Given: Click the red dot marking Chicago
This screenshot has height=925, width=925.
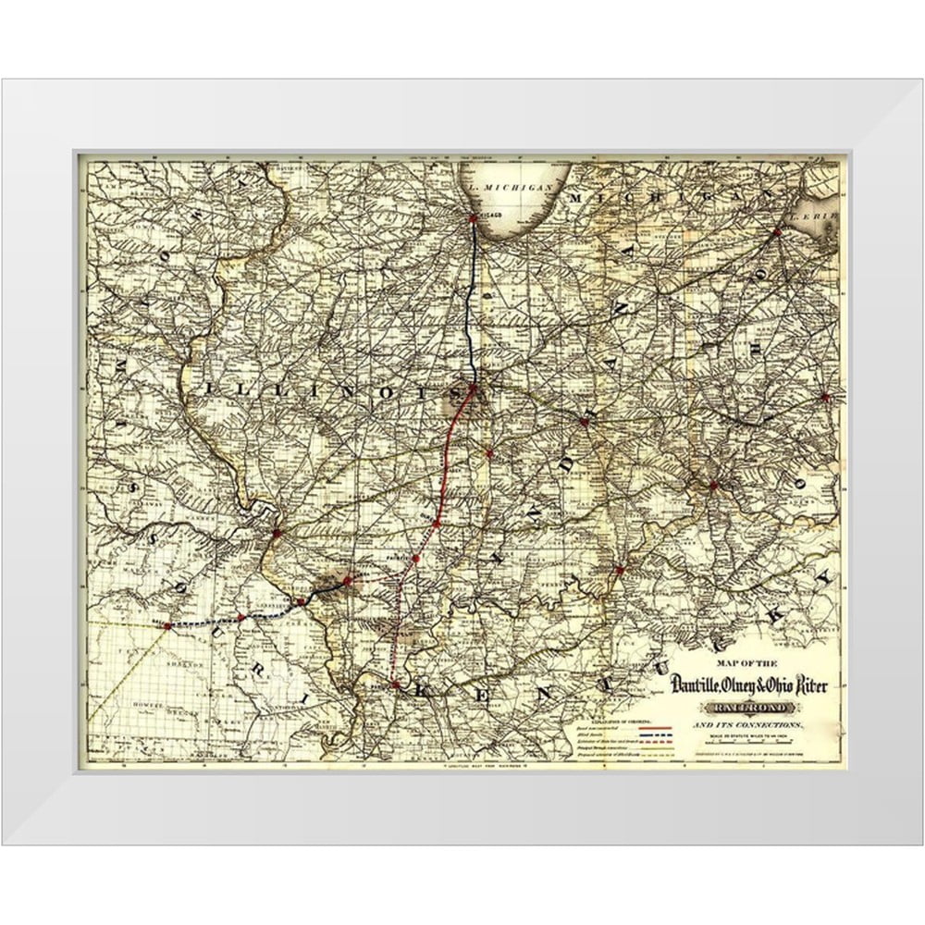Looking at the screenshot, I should click(474, 218).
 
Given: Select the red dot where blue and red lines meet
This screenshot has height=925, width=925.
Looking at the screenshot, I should click(474, 388).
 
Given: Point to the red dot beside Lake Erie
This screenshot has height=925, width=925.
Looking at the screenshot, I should click(777, 232).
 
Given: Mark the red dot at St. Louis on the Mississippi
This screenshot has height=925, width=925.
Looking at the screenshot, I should click(276, 532).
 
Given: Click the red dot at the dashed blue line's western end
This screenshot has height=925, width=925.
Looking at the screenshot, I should click(167, 626).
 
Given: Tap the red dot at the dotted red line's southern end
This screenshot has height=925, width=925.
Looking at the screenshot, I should click(395, 684).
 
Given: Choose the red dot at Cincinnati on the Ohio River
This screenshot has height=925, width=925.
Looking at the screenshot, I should click(713, 484).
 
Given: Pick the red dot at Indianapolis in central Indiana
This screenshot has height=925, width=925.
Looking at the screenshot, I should click(584, 421).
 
